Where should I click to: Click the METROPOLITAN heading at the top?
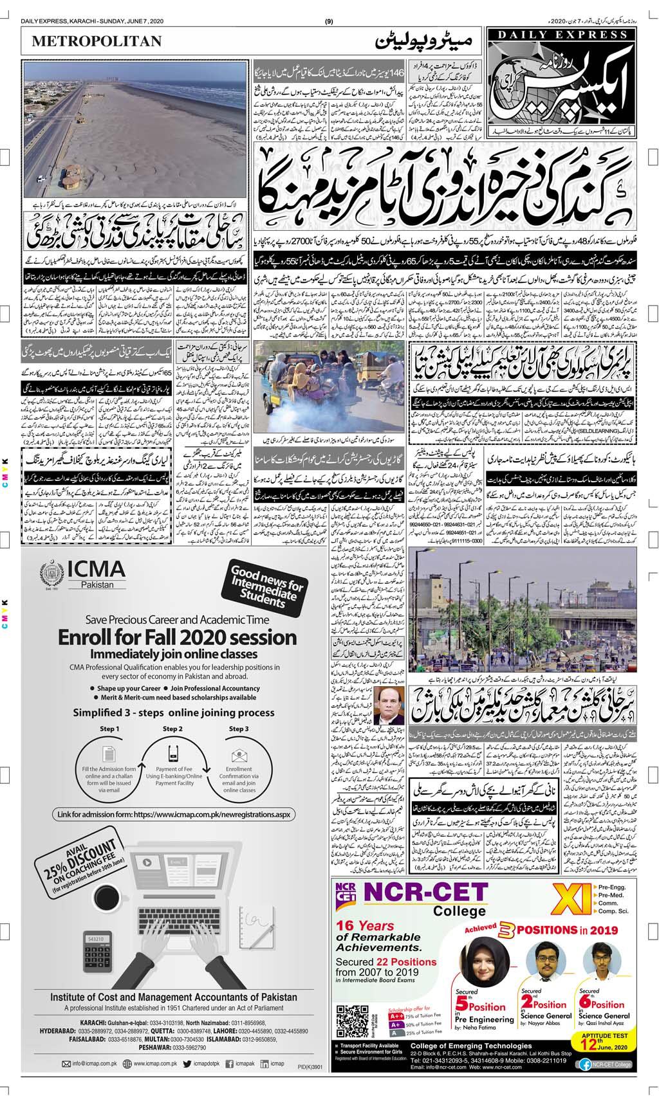97,41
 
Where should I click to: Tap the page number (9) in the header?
329,23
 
